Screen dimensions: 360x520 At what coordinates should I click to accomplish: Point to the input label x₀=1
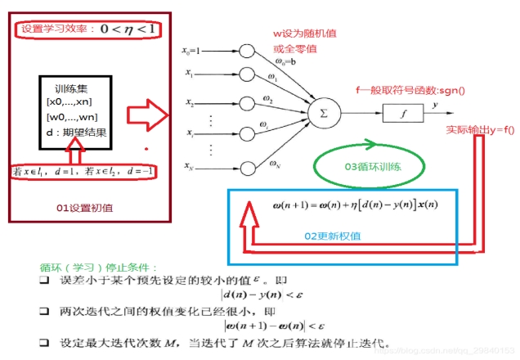point(195,49)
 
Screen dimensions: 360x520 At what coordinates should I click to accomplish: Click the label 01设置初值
point(84,208)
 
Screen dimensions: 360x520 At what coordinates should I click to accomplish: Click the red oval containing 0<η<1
point(87,30)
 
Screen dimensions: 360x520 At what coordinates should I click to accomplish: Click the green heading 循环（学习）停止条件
point(89,267)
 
